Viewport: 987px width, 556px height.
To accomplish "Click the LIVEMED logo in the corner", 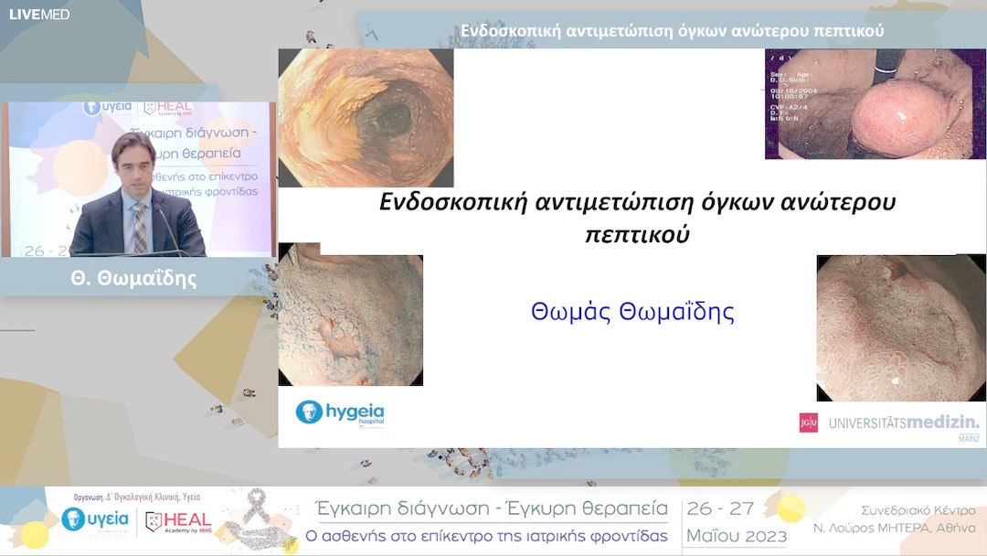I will [39, 14].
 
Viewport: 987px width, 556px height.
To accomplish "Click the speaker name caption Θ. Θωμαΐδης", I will [133, 279].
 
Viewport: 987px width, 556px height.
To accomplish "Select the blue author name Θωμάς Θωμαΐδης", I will [632, 313].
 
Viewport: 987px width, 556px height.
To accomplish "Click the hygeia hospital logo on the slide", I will [340, 412].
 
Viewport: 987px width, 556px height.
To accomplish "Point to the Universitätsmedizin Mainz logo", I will [889, 423].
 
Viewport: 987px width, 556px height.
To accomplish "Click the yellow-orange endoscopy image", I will [366, 117].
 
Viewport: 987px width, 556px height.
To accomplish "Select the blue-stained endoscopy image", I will [350, 315].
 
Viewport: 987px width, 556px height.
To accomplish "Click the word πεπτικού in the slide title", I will [637, 234].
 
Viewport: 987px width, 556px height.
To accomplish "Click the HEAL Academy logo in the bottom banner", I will [178, 521].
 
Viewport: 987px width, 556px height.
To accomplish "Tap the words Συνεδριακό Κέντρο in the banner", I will [918, 510].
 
